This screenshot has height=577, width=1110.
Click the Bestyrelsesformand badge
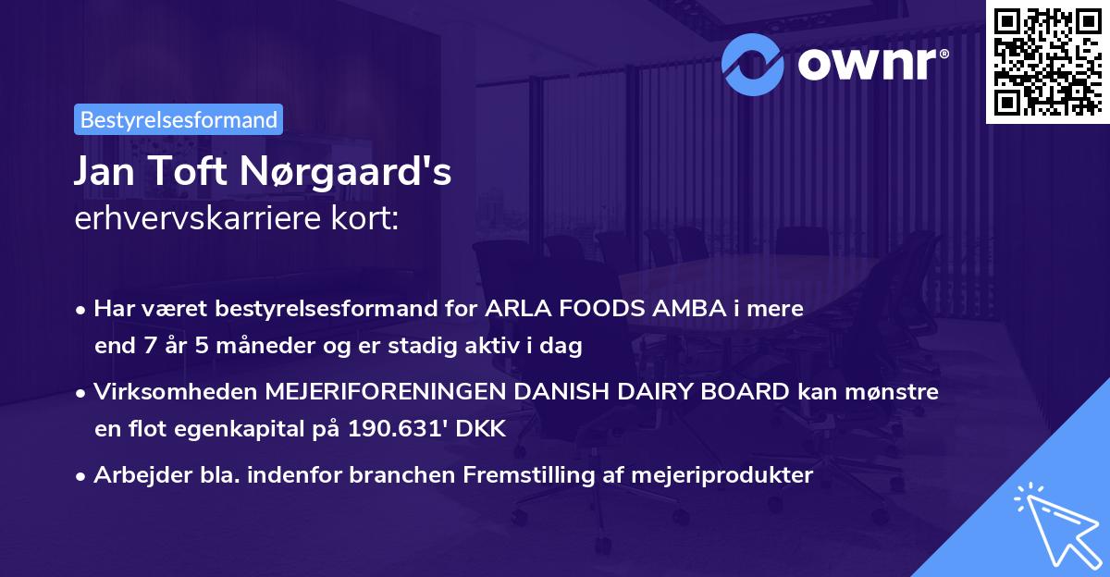(179, 119)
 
